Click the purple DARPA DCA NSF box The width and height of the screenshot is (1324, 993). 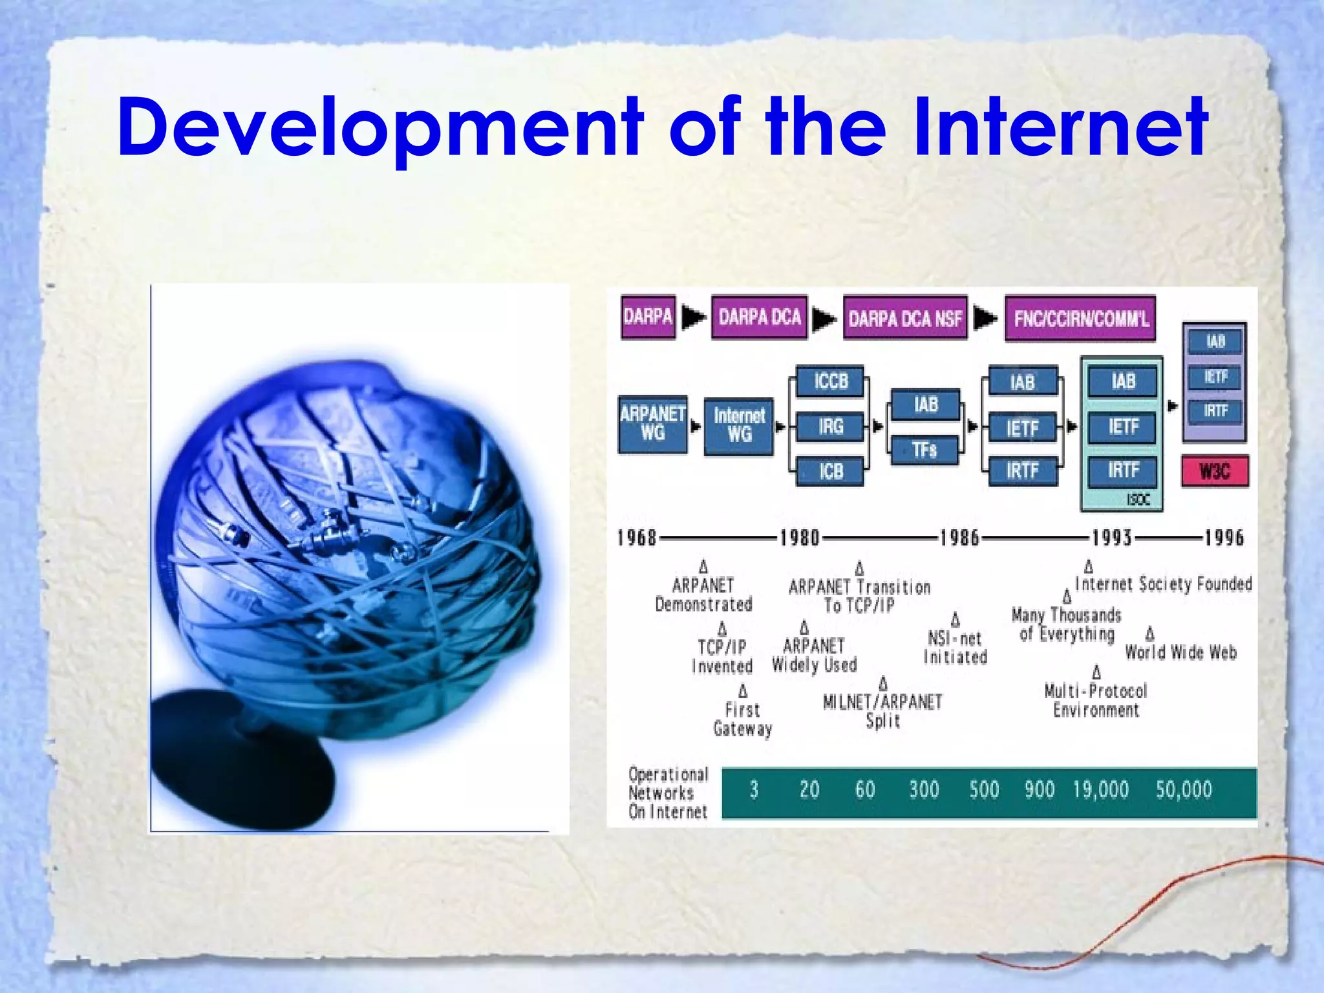click(x=905, y=318)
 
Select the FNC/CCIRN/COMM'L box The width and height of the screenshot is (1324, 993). click(x=1080, y=318)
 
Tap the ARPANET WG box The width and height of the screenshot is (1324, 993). click(x=652, y=423)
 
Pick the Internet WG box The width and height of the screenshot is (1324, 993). click(x=739, y=425)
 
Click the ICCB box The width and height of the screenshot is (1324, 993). click(x=830, y=381)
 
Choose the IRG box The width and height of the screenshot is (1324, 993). click(x=830, y=427)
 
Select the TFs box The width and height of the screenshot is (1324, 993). click(x=924, y=449)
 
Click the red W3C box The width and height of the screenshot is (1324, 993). click(x=1215, y=471)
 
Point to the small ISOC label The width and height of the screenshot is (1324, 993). click(x=1138, y=499)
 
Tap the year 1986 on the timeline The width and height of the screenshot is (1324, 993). click(x=959, y=538)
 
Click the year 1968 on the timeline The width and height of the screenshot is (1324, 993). click(x=637, y=538)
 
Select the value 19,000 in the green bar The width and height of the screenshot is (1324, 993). click(x=1100, y=790)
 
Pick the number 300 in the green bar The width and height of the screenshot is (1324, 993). click(x=924, y=790)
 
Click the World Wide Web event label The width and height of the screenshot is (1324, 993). click(x=1180, y=652)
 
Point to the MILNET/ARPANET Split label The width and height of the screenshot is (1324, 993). click(x=882, y=710)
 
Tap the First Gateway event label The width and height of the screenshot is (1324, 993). click(x=743, y=719)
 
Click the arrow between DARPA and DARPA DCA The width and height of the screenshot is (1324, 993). click(x=694, y=317)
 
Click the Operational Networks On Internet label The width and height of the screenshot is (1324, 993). click(x=668, y=793)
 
